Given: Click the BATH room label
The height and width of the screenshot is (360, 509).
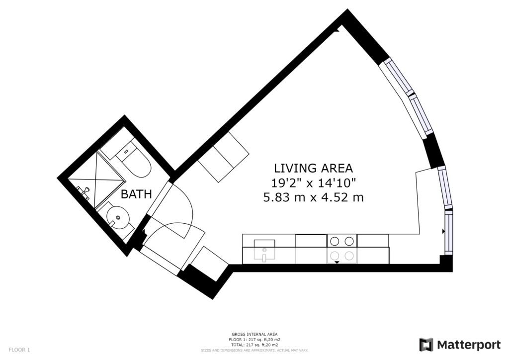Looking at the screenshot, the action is pos(136,194).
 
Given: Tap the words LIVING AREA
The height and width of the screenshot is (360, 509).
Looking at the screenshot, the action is pos(313,169).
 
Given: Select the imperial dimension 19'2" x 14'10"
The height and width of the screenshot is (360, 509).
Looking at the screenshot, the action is pos(314,183).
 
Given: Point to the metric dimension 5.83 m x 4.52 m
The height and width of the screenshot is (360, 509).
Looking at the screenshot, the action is pos(313,197).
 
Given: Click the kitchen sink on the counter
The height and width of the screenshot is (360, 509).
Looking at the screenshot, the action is pos(264,250).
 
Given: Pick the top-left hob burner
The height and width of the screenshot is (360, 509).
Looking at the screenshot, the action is pos(335,241).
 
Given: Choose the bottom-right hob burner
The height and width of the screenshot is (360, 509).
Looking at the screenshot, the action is pos(349,256).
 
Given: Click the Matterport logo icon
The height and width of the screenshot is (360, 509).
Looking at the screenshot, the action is pos(426,345).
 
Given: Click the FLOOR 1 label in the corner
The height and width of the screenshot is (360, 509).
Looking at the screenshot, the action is pos(19,350).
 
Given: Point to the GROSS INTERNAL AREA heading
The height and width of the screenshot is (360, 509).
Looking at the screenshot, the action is pos(254,334).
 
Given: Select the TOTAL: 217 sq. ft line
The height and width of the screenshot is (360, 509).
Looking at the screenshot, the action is pos(254,345).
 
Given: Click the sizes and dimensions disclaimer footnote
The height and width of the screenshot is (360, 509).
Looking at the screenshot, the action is pos(254,351).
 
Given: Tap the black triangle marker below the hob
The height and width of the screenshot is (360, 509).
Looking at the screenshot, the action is pos(337,262).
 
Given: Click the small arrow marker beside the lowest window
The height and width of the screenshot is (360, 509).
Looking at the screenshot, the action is pos(443,231).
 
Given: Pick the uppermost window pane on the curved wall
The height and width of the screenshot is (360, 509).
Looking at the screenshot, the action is pos(398,77).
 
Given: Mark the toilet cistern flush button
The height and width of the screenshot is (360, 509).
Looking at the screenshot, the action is pos(126,152).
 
